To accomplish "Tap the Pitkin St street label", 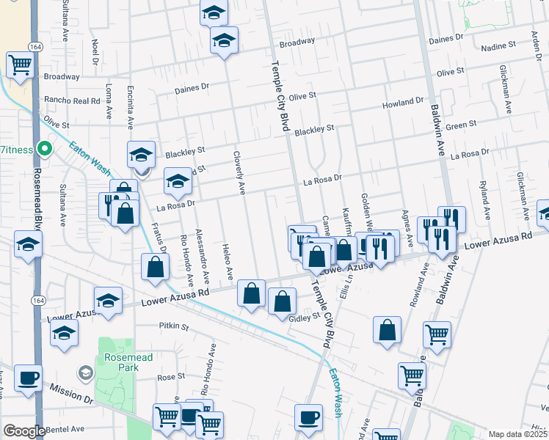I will (174, 326).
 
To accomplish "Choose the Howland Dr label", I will (403, 103).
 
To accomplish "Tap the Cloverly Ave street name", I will (239, 173).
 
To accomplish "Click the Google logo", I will (24, 431).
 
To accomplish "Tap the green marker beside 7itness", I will (44, 150).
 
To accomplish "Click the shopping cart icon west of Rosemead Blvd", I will (20, 65).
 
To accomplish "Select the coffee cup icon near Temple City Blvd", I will (308, 417).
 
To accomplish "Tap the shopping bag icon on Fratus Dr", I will (155, 267).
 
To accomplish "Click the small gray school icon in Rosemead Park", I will (87, 373).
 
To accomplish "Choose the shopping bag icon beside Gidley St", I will (282, 301).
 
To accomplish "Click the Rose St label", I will (171, 377).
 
